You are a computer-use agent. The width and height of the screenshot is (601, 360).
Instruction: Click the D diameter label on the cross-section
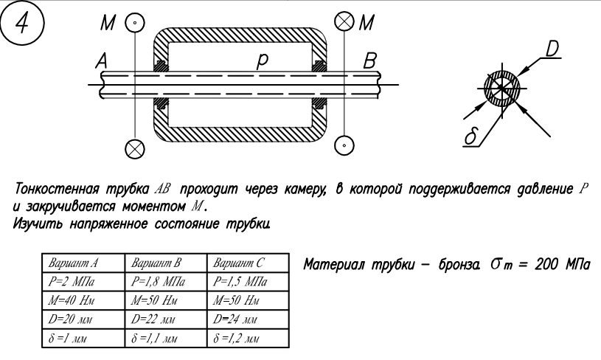[551, 49]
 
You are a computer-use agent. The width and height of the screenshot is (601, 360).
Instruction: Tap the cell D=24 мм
[234, 320]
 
